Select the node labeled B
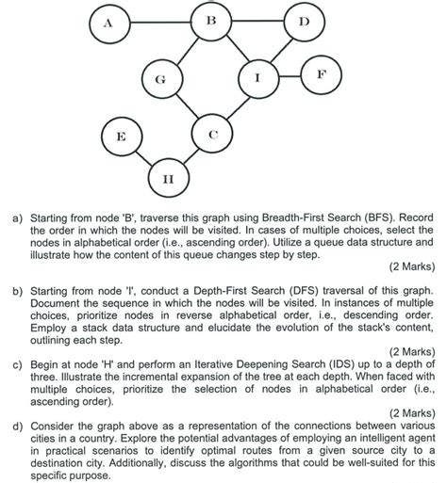(211, 20)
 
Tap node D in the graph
(302, 21)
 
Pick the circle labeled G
(161, 81)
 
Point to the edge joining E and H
(142, 156)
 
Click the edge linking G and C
(187, 108)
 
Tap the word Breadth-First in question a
(308, 216)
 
